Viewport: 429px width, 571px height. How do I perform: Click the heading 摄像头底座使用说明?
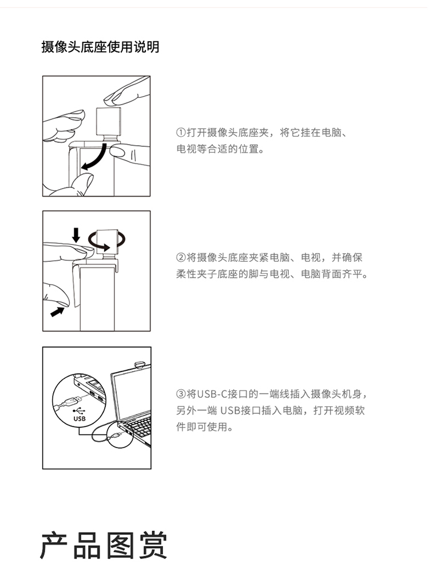tap(100, 47)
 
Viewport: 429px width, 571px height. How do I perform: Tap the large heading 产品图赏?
tap(104, 545)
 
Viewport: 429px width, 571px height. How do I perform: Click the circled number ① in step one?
tap(181, 133)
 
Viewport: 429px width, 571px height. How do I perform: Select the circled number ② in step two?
tap(181, 258)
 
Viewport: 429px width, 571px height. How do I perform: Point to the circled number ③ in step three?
tap(181, 394)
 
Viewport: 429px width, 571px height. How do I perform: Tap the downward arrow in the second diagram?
tap(76, 235)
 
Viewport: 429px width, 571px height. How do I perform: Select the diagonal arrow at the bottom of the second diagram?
tap(57, 312)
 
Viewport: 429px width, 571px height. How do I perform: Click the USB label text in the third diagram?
tap(80, 419)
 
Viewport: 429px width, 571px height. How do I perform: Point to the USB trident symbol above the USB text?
tap(79, 411)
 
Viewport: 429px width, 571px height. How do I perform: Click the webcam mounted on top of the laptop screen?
tap(140, 364)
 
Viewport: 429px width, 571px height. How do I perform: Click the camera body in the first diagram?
tap(108, 121)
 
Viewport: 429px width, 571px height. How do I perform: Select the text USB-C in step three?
tap(212, 394)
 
